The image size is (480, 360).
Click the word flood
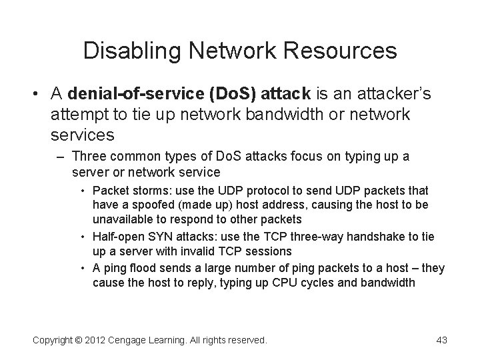coord(139,268)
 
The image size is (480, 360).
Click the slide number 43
coord(441,340)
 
